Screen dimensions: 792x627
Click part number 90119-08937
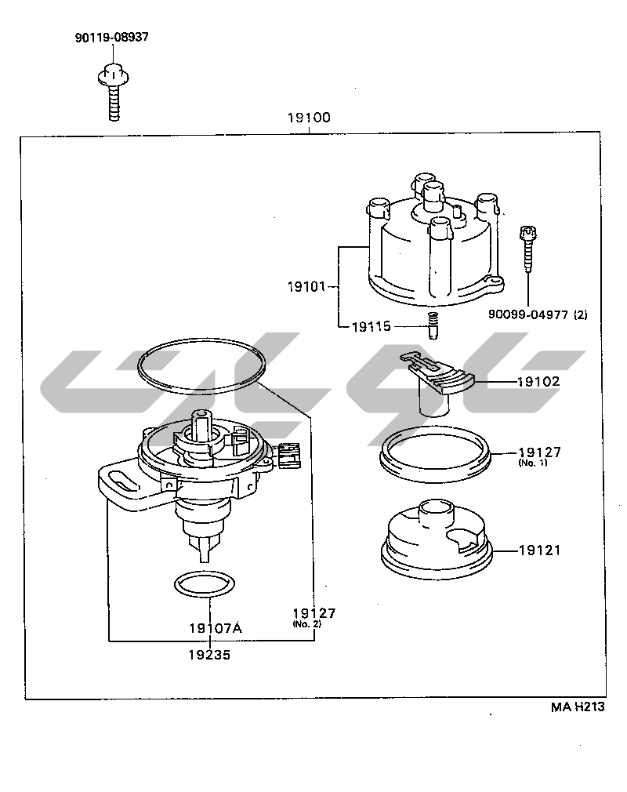coord(112,37)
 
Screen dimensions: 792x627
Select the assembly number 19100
coord(309,118)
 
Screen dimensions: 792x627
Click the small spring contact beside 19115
coord(430,325)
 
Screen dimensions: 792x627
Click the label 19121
coord(539,550)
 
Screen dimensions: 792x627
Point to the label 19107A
coord(216,628)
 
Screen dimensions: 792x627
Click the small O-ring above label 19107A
coord(203,584)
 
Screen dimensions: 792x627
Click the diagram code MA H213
coord(578,707)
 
